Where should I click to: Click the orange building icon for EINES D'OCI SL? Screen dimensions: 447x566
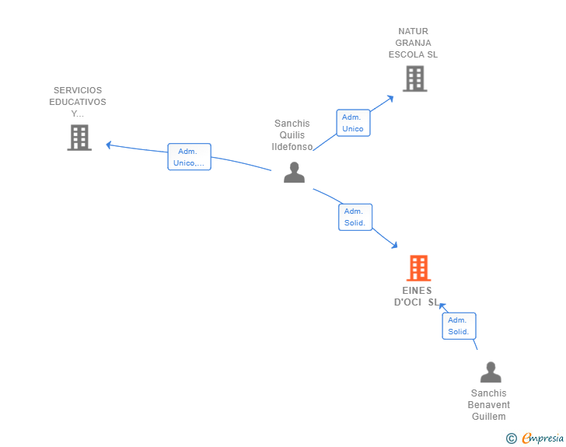(x=418, y=268)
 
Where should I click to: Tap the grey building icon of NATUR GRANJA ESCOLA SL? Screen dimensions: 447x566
(x=414, y=79)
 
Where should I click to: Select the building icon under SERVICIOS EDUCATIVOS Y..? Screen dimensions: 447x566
(x=79, y=138)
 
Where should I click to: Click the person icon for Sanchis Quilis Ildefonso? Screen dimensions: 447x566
(x=294, y=172)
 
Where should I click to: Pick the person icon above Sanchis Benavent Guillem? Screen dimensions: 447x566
(x=491, y=372)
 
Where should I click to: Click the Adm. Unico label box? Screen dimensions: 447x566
(x=353, y=123)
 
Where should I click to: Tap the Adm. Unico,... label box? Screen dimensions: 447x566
(x=189, y=157)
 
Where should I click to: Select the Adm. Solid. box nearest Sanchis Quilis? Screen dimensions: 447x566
(x=355, y=217)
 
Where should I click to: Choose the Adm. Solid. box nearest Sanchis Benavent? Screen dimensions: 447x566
(x=459, y=326)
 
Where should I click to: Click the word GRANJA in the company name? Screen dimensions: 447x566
(x=413, y=43)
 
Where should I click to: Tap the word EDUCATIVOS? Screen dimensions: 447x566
(x=78, y=102)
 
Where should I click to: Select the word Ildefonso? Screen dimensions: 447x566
(x=292, y=147)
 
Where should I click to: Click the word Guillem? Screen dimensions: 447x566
(x=488, y=417)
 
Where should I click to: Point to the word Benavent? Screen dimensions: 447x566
(x=488, y=405)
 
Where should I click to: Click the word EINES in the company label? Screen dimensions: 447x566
(x=418, y=291)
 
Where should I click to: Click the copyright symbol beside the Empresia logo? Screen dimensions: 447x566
(x=511, y=439)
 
